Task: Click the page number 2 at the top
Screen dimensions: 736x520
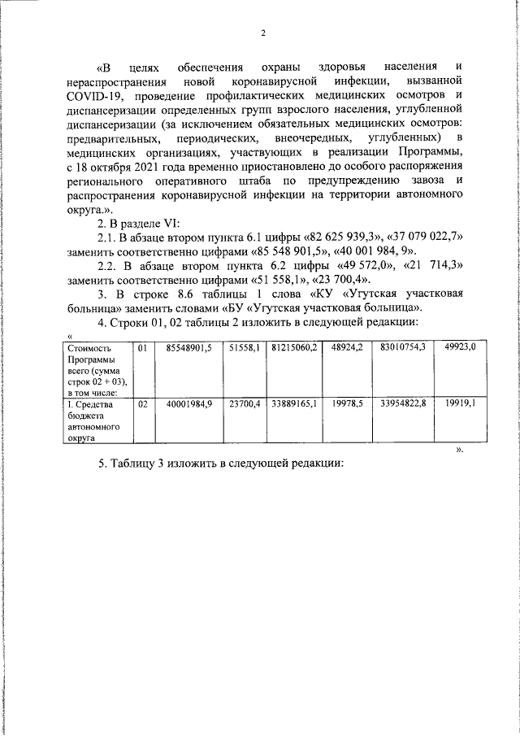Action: (x=263, y=33)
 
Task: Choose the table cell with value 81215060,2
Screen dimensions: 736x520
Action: (x=294, y=347)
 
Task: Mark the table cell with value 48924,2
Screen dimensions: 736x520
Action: (x=347, y=347)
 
